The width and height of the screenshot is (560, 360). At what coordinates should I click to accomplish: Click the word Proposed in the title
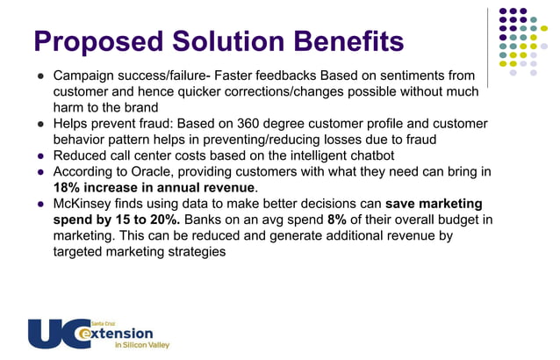coord(88,40)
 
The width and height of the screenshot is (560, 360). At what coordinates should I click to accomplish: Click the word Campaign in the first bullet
coord(86,76)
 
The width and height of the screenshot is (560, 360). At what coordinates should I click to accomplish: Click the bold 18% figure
coord(68,187)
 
